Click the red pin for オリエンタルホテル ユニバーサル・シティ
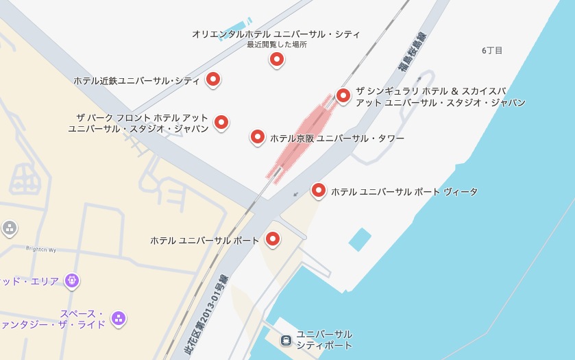pos(276,60)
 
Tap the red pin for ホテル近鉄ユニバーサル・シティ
pos(213,80)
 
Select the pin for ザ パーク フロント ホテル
pos(221,123)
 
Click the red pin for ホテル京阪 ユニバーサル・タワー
pos(257,137)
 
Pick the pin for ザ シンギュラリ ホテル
pos(343,96)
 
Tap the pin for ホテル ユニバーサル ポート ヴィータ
pos(319,190)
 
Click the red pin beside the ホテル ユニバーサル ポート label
pos(273,239)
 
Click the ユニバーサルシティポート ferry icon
pos(286,339)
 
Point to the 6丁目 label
pos(492,51)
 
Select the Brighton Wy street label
pos(40,248)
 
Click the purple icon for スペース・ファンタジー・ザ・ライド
pos(119,318)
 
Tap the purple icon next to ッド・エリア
pos(72,280)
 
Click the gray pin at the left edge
pos(9,228)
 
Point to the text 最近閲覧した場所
pos(277,45)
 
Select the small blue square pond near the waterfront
pos(359,239)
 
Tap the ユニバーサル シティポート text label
pos(324,339)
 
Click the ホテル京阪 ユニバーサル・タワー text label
pos(337,139)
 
